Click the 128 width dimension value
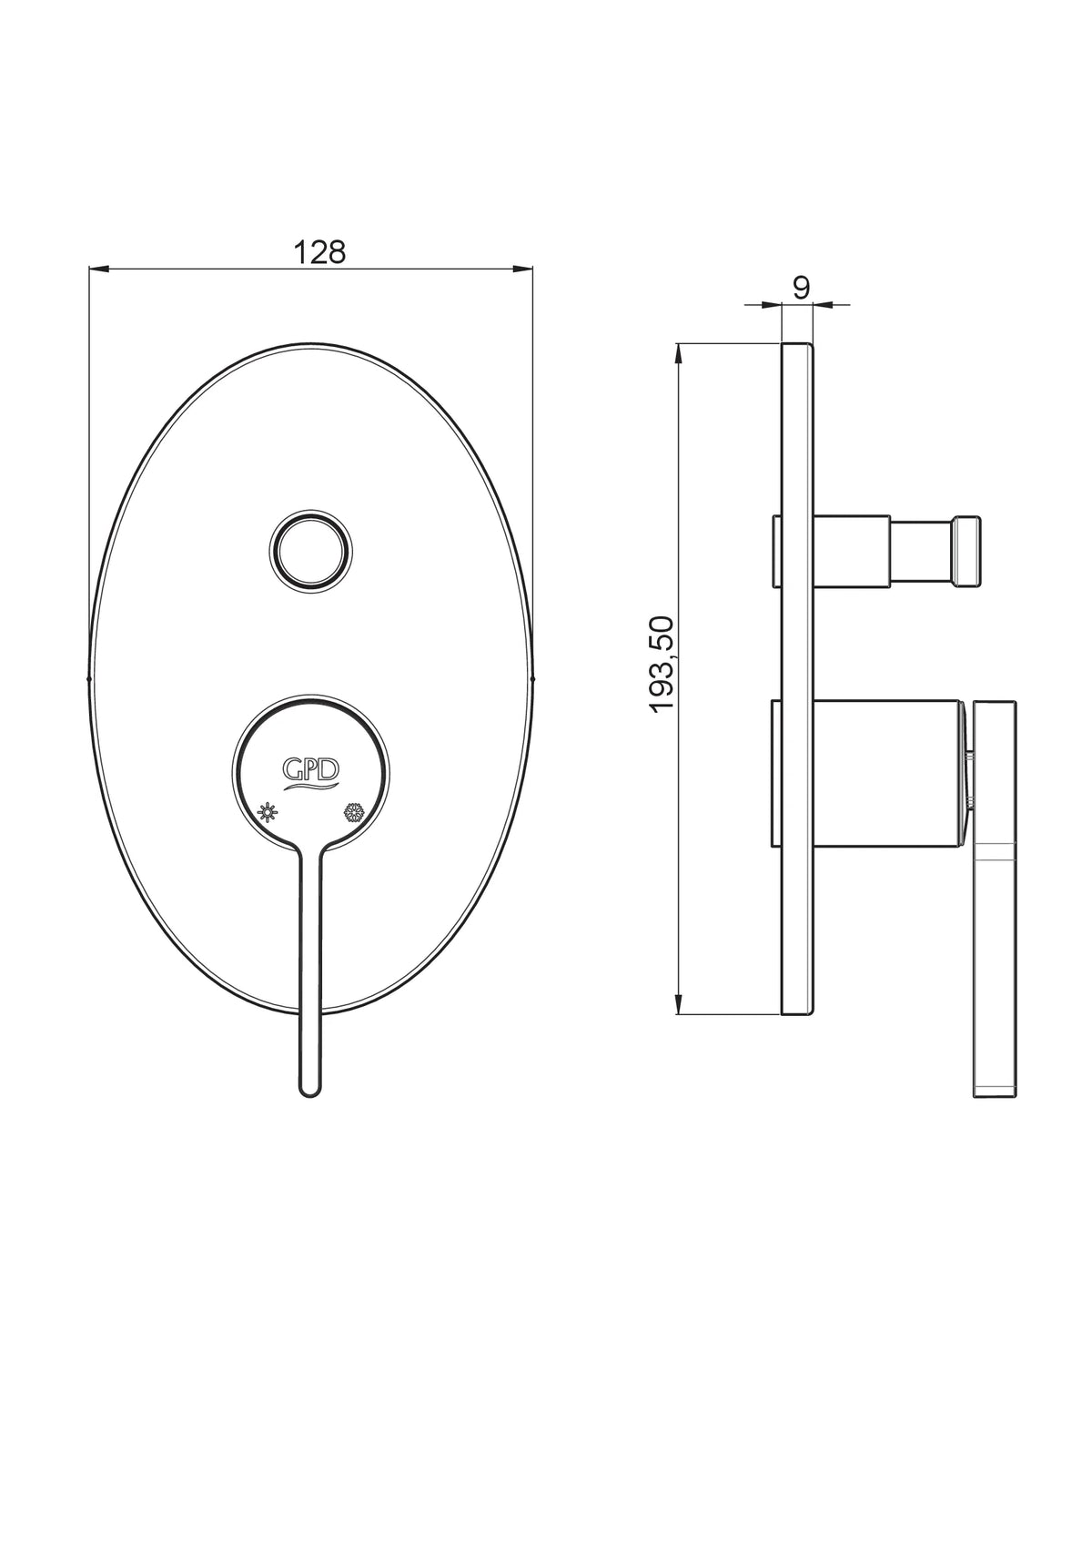click(x=319, y=252)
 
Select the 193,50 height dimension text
click(x=663, y=665)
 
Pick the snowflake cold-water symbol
click(x=354, y=812)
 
